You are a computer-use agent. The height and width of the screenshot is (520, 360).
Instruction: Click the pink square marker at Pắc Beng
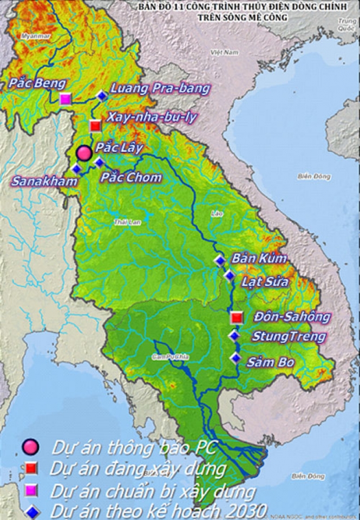coord(66,99)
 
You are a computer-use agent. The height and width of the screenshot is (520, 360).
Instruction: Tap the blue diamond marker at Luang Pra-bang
coord(102,96)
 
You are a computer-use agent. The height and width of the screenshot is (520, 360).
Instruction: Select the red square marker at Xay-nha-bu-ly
coord(95,126)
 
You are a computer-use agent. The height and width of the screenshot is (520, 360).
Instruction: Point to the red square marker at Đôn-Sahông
coord(236,317)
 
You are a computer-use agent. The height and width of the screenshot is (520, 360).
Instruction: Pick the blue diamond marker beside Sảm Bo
coord(235,357)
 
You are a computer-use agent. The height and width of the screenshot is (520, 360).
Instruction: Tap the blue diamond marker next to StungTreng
coord(234,336)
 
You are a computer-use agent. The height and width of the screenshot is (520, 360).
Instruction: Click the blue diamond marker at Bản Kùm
coord(219,261)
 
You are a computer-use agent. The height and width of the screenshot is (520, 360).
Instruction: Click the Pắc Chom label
coord(132,177)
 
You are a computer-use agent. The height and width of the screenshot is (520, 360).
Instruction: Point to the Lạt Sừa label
coord(265,282)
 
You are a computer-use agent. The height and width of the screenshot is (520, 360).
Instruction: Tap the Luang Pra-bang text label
coord(160,88)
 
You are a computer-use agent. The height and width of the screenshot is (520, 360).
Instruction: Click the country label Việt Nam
coord(225,53)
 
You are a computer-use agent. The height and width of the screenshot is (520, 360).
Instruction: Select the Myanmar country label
coord(35,36)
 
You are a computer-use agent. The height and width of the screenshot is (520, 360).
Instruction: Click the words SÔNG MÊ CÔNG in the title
coord(260,17)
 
